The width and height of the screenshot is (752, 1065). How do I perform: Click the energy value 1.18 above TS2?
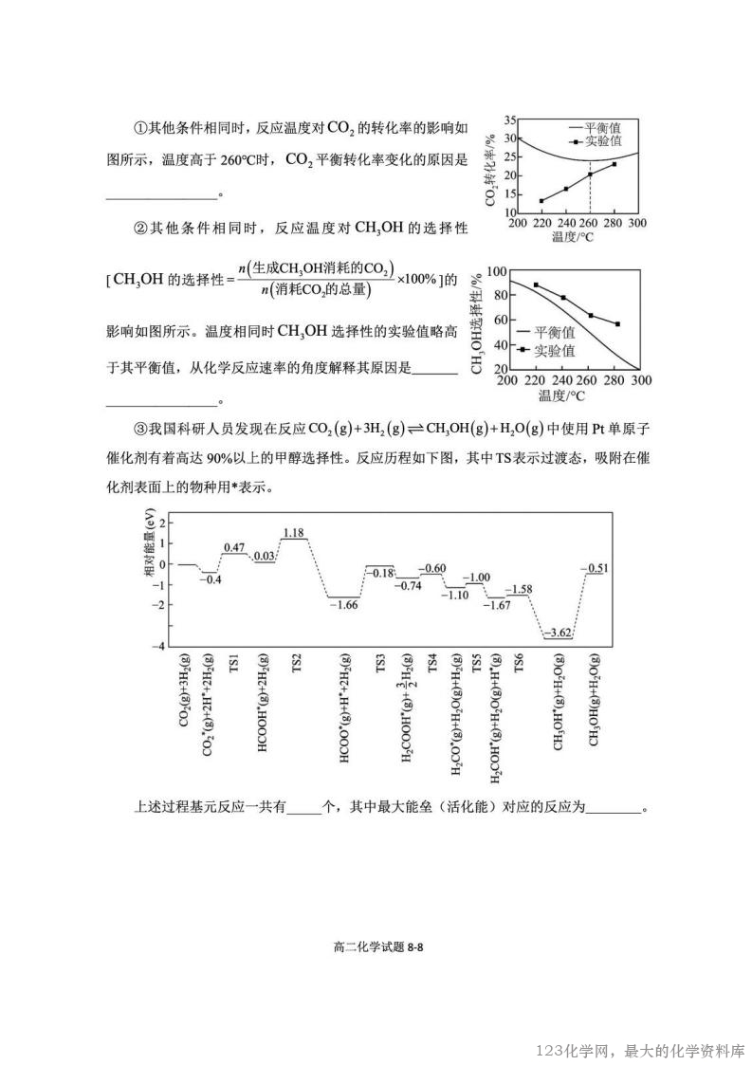click(293, 532)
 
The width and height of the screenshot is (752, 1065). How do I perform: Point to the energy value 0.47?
click(234, 547)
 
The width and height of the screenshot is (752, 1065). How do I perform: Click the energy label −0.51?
click(595, 567)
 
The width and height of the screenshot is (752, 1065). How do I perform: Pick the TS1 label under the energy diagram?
click(233, 662)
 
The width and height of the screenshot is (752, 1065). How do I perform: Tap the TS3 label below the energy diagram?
click(380, 662)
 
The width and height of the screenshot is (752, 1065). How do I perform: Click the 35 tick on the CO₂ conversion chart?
click(509, 120)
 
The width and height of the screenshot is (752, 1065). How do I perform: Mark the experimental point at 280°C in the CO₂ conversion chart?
click(614, 164)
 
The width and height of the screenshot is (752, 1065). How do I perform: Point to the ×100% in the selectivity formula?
click(416, 279)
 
